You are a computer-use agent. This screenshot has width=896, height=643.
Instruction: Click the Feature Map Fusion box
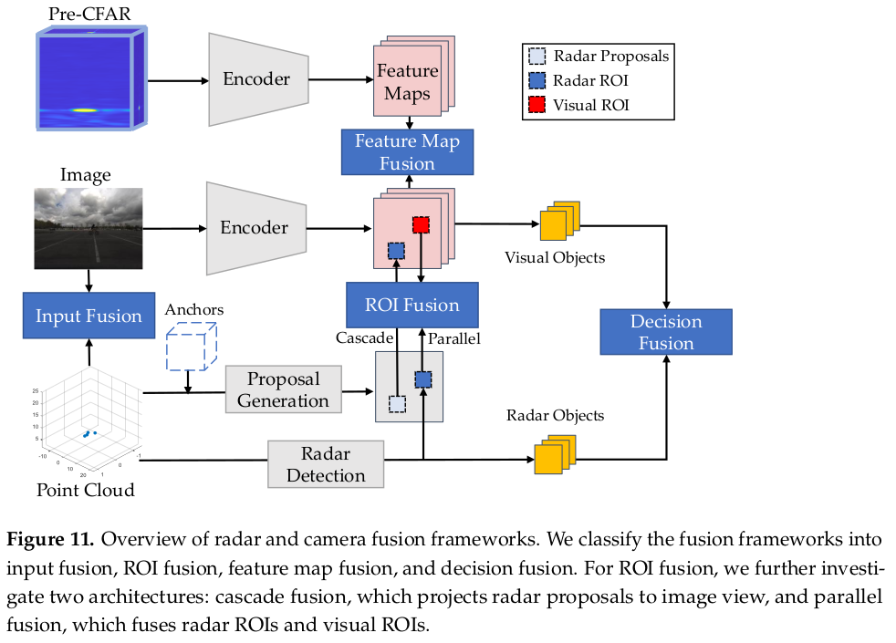[x=407, y=152]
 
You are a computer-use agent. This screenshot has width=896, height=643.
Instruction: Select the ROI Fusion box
[x=412, y=305]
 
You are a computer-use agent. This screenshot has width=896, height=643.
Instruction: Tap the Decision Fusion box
[x=665, y=332]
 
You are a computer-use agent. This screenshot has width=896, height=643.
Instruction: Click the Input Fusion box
[x=89, y=316]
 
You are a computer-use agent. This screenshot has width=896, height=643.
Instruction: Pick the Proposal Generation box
[x=283, y=390]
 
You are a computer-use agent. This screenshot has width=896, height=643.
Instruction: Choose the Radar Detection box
[x=326, y=464]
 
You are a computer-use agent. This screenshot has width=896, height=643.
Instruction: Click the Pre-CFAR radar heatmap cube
[x=89, y=79]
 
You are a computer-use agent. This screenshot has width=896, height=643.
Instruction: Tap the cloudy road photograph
[x=89, y=228]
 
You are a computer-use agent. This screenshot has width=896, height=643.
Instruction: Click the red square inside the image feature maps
[x=421, y=224]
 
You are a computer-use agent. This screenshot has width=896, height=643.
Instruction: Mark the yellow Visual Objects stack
[x=558, y=221]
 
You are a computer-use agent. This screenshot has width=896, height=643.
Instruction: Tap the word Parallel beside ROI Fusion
[x=454, y=338]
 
